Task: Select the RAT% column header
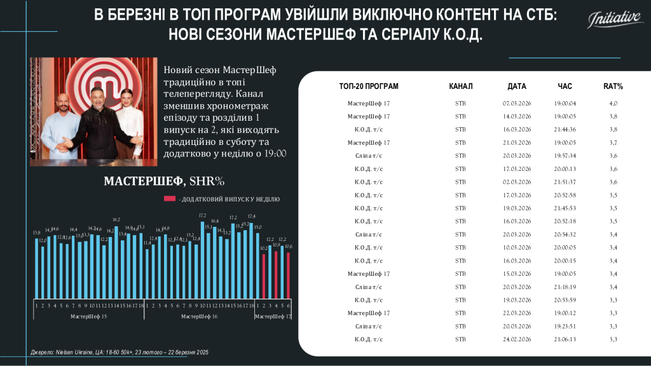coord(613,86)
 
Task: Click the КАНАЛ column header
coord(461,86)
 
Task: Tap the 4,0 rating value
coord(613,103)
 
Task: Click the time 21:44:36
coord(565,129)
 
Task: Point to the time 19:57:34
coord(565,156)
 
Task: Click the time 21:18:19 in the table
coord(565,287)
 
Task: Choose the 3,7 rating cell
coord(613,142)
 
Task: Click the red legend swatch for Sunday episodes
coord(170,199)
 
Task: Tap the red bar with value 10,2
coord(264,276)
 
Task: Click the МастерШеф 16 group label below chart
coord(199,316)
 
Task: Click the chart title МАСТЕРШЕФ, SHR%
coord(164,182)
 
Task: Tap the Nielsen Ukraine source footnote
coord(120,351)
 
